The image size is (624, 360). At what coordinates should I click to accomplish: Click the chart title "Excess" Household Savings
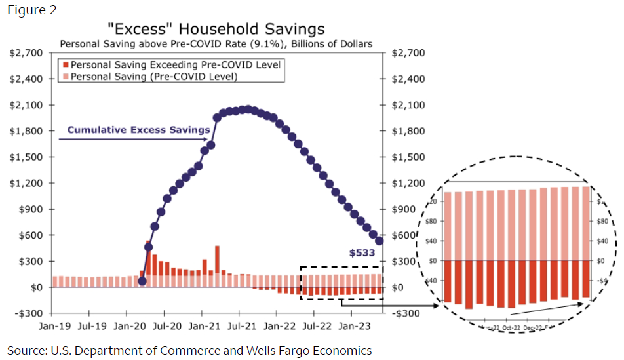point(216,29)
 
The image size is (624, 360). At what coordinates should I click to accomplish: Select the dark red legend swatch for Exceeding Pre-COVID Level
point(65,65)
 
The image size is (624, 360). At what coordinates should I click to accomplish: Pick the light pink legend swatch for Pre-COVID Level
point(65,77)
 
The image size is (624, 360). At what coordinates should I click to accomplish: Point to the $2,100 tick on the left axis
point(26,105)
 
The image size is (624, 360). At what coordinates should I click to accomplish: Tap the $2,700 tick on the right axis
point(408,53)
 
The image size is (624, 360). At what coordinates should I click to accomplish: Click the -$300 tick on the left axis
point(28,313)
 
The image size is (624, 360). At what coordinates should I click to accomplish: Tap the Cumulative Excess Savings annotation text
point(138,130)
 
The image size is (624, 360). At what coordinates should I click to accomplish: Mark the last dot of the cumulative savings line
point(379,241)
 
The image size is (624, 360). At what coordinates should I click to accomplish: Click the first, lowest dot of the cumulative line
point(142,281)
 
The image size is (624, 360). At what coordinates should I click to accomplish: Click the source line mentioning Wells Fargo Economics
point(189,350)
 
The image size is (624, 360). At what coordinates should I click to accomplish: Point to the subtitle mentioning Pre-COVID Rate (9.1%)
point(216,44)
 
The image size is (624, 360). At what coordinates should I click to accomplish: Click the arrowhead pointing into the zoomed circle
point(435,306)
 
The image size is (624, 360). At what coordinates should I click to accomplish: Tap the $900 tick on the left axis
point(28,209)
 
